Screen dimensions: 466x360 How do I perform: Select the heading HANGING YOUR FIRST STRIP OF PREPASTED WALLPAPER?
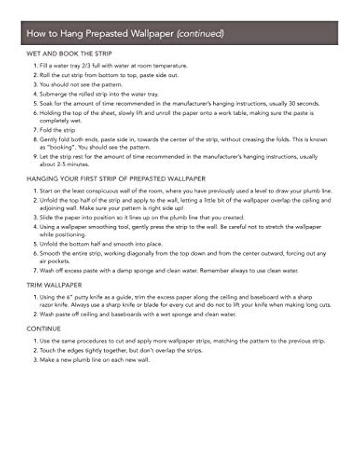click(x=116, y=179)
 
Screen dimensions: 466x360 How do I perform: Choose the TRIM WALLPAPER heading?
click(x=54, y=285)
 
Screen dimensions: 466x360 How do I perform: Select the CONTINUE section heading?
click(x=44, y=328)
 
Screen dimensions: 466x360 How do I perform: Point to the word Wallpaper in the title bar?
click(x=149, y=33)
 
